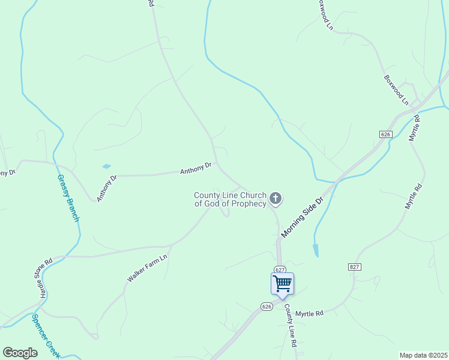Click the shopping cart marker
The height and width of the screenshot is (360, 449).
pyautogui.click(x=282, y=283)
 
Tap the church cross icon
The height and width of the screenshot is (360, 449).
pyautogui.click(x=276, y=197)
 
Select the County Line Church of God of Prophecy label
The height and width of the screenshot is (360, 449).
pyautogui.click(x=230, y=199)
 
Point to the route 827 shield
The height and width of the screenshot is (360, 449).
pyautogui.click(x=354, y=266)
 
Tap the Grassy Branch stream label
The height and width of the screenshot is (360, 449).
pyautogui.click(x=68, y=198)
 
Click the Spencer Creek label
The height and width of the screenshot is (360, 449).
pyautogui.click(x=46, y=337)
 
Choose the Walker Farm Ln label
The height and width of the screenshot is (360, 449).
pyautogui.click(x=146, y=268)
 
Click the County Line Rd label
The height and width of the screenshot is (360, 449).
pyautogui.click(x=291, y=326)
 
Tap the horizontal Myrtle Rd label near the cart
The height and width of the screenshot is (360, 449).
pyautogui.click(x=309, y=313)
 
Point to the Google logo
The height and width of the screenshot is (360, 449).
pyautogui.click(x=20, y=353)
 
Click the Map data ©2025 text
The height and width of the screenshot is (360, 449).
pyautogui.click(x=423, y=355)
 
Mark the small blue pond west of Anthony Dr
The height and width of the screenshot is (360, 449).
pyautogui.click(x=106, y=166)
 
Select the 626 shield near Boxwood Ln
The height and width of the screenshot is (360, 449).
pyautogui.click(x=385, y=134)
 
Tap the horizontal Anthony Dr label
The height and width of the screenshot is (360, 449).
pyautogui.click(x=196, y=169)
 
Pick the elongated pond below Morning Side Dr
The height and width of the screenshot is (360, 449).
pyautogui.click(x=316, y=250)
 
